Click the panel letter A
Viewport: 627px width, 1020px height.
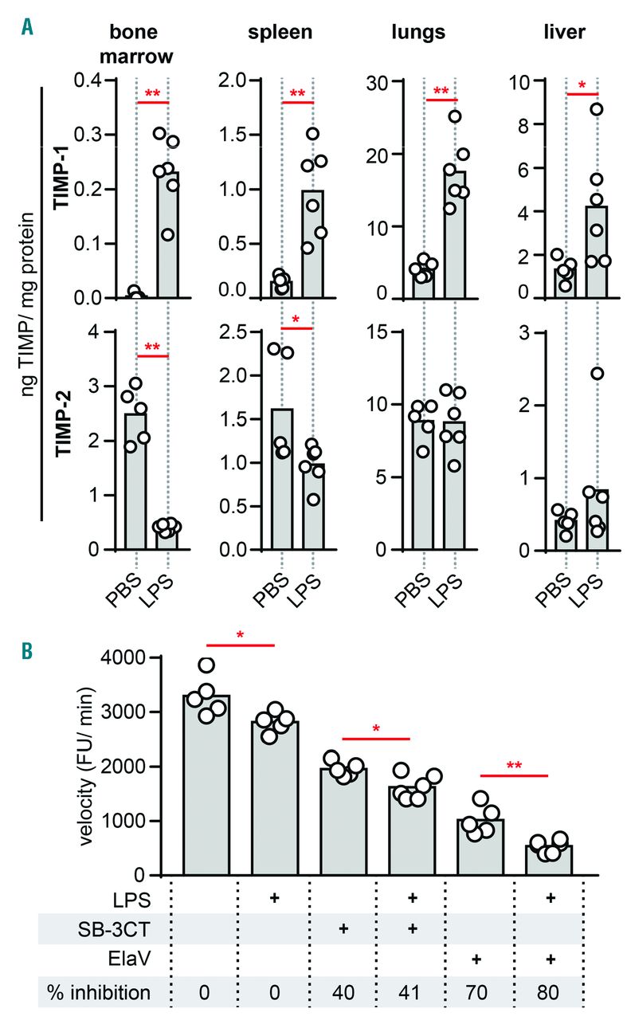pos(28,29)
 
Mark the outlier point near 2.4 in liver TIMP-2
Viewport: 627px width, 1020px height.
pos(597,374)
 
